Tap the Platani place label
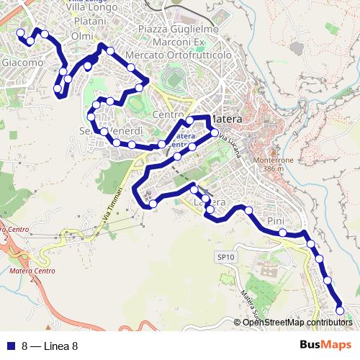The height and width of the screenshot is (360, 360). (89, 22)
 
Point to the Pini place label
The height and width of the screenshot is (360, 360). (276, 220)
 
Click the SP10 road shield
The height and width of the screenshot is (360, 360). (225, 256)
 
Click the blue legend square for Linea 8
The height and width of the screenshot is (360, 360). (10, 346)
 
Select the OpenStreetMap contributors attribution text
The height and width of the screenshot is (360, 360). (297, 323)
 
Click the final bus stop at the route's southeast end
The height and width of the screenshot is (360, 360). (340, 311)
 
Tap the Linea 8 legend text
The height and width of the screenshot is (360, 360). (50, 346)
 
